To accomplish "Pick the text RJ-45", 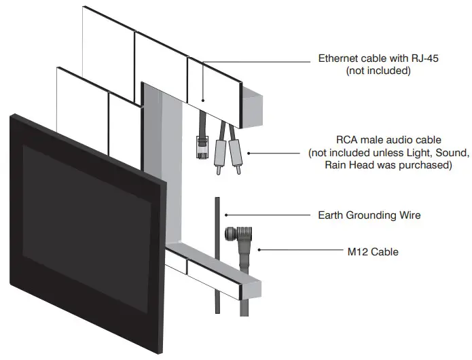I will [x=424, y=58].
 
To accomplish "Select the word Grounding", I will [x=378, y=215].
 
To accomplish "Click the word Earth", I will [x=333, y=215].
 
